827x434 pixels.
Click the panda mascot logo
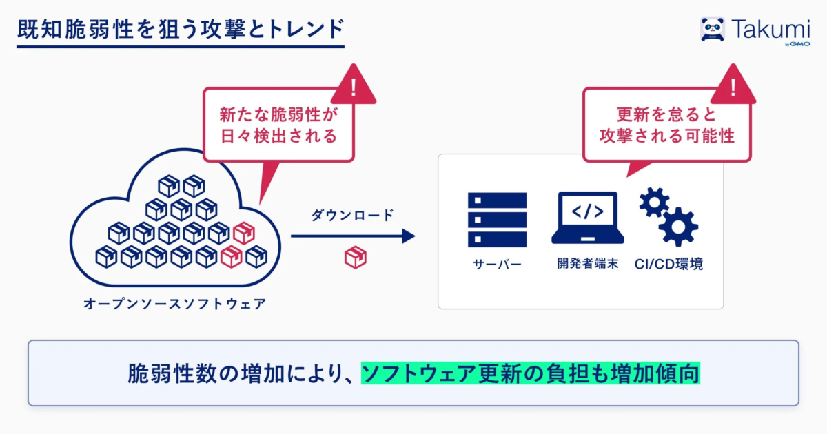click(712, 29)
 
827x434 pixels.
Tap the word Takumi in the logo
click(770, 29)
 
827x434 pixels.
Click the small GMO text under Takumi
click(799, 44)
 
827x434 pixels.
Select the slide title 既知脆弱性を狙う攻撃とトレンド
click(181, 29)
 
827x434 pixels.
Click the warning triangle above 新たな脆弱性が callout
click(354, 85)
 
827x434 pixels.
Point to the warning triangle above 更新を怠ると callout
click(733, 85)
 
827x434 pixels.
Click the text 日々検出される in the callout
click(278, 136)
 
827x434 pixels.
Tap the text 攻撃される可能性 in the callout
click(667, 136)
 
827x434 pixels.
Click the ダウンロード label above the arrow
click(353, 215)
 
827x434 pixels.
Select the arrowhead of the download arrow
click(409, 236)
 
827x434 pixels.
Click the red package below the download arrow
click(355, 257)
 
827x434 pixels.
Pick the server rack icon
click(497, 220)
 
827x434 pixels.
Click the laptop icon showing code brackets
click(587, 218)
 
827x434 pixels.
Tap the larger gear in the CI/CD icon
click(679, 227)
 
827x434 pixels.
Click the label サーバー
click(497, 265)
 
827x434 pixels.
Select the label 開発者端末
click(587, 263)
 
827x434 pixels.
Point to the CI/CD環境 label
click(668, 264)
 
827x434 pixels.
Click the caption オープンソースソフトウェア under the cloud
click(174, 304)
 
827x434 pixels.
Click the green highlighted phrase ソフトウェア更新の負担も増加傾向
click(531, 373)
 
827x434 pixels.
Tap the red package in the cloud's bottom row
click(231, 256)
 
